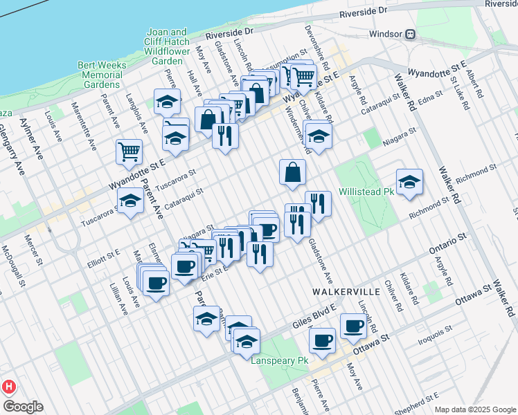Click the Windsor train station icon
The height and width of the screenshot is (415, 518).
[x=411, y=33]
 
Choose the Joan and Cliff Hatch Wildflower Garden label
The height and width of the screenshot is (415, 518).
[x=169, y=46]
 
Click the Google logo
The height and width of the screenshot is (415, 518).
[x=22, y=407]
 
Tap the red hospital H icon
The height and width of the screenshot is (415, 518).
[x=9, y=387]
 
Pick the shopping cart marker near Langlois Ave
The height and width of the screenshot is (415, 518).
[x=129, y=152]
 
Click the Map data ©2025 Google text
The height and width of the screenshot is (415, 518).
[x=475, y=409]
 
